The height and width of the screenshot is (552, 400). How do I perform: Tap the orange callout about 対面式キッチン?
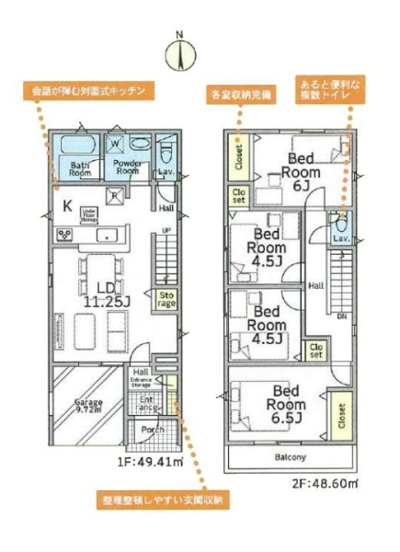[87, 92]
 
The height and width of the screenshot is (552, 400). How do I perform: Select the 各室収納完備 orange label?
[242, 94]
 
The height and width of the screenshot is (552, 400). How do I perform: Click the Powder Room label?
[127, 167]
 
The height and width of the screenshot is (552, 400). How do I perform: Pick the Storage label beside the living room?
[166, 300]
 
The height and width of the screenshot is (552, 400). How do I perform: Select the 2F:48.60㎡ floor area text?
[326, 481]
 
